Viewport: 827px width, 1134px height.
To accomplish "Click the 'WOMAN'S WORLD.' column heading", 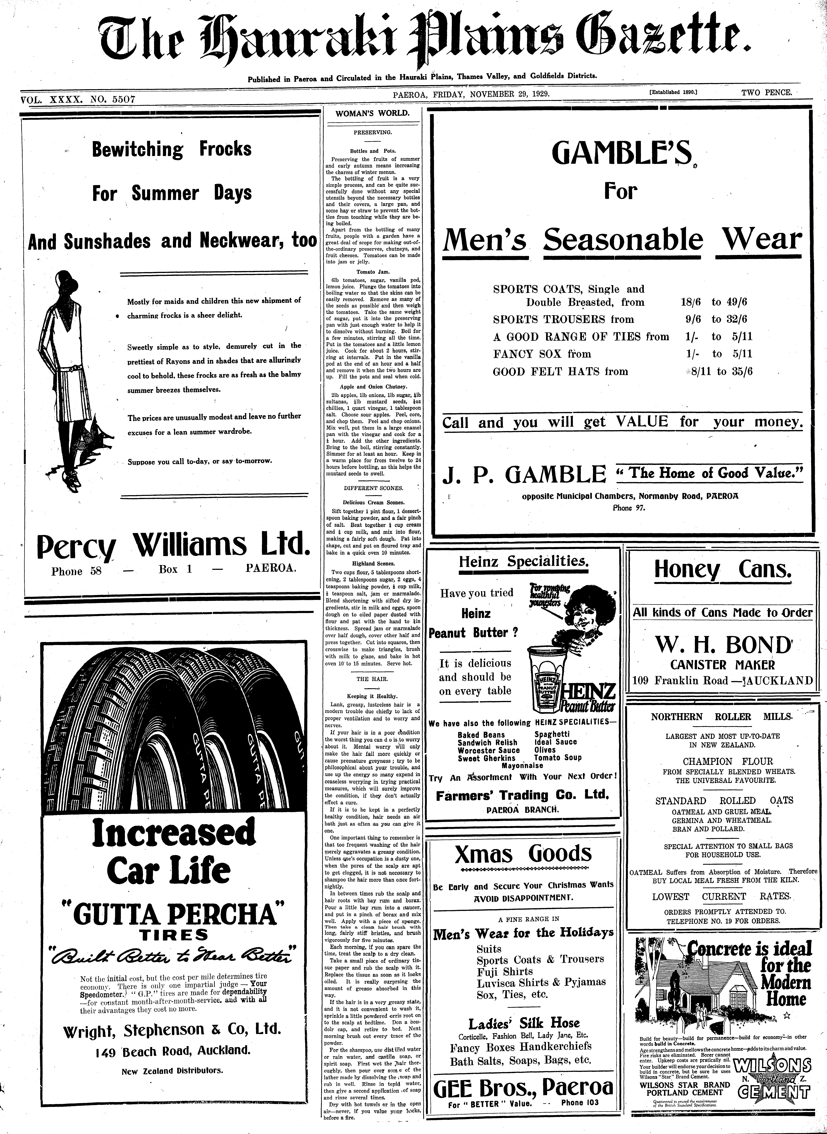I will click(x=372, y=113).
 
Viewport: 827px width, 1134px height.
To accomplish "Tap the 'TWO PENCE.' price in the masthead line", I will click(x=767, y=92).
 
